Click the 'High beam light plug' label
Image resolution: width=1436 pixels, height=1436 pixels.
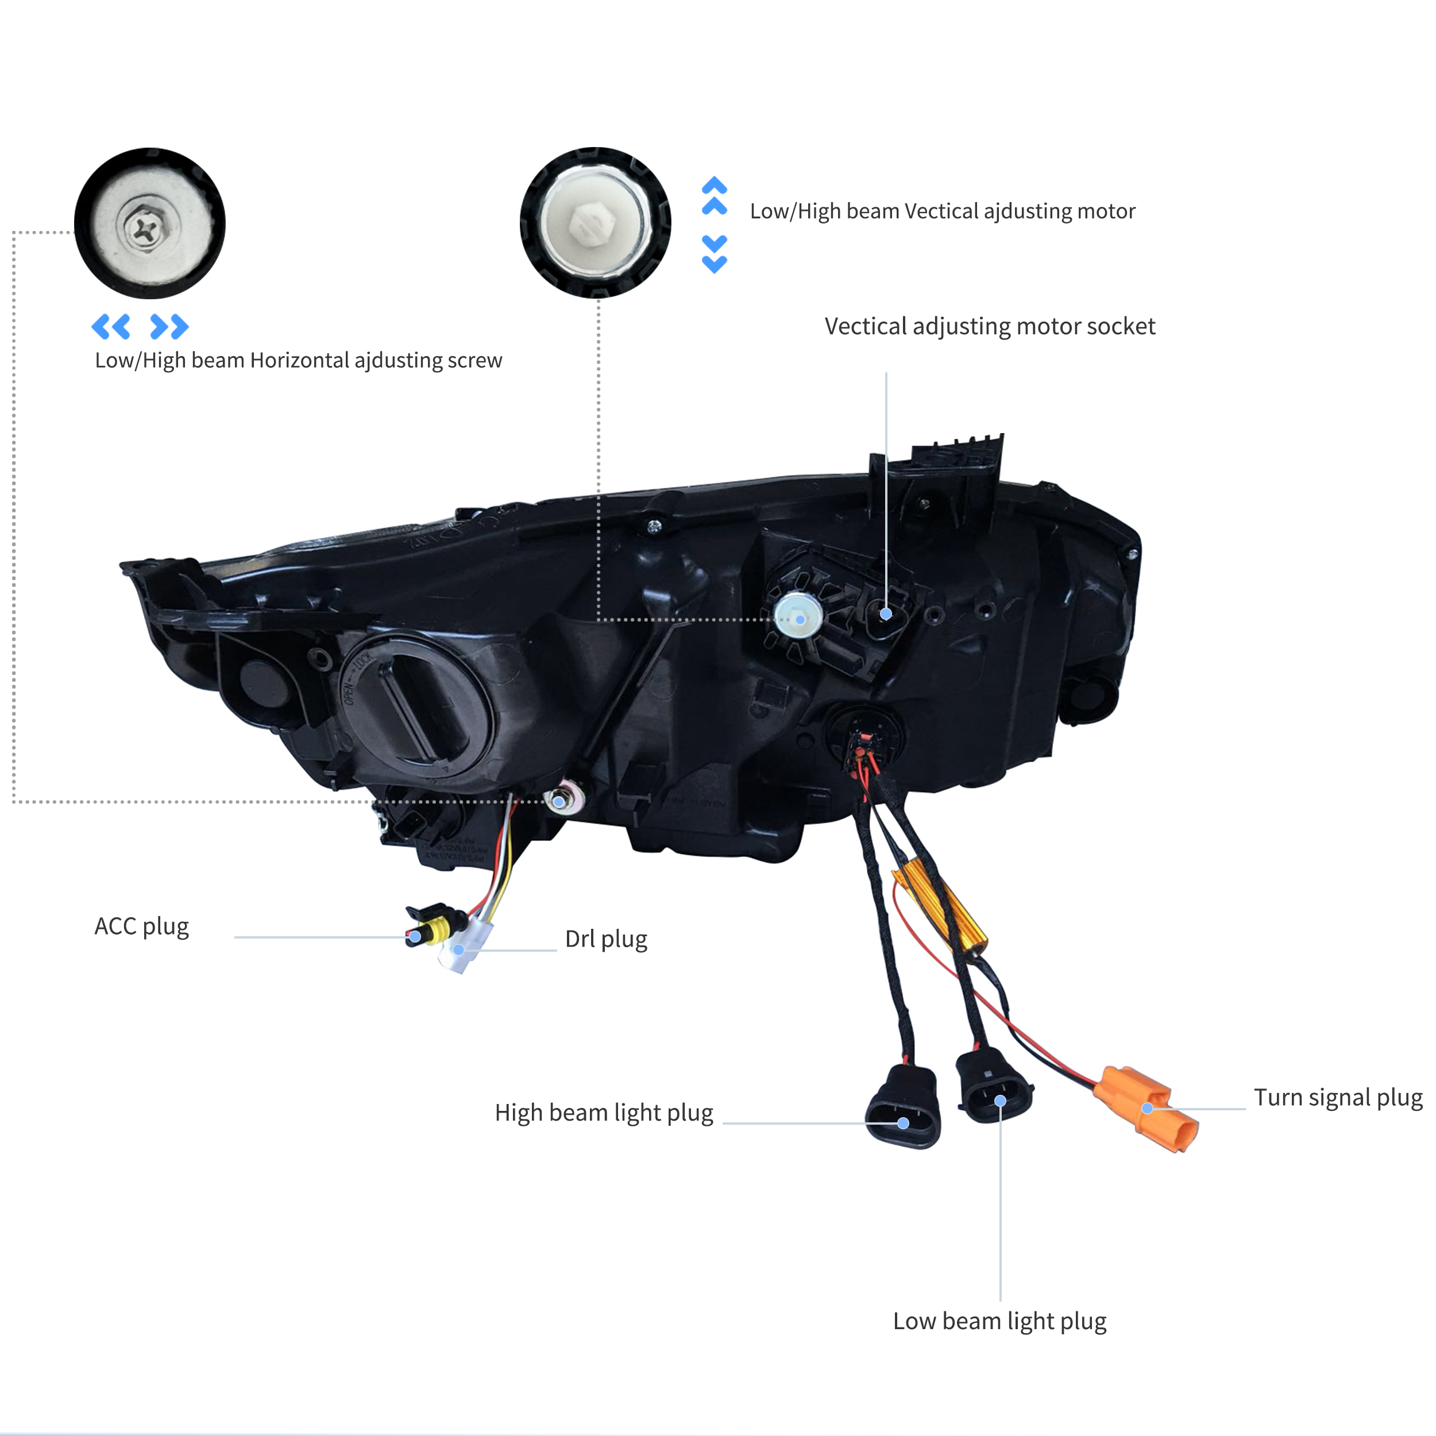604,1113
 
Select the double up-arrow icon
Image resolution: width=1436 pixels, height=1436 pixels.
715,195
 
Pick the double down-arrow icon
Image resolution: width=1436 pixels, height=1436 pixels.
715,254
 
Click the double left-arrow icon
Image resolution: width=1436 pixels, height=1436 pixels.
111,326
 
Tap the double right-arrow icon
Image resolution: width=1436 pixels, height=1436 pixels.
169,326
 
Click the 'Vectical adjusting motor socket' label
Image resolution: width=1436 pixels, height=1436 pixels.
990,327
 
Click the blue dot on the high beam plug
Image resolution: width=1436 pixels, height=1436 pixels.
903,1123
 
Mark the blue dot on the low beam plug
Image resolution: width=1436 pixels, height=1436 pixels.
1001,1101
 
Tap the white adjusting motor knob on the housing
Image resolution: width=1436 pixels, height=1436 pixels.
798,617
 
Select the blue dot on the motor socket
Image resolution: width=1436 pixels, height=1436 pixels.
886,614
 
